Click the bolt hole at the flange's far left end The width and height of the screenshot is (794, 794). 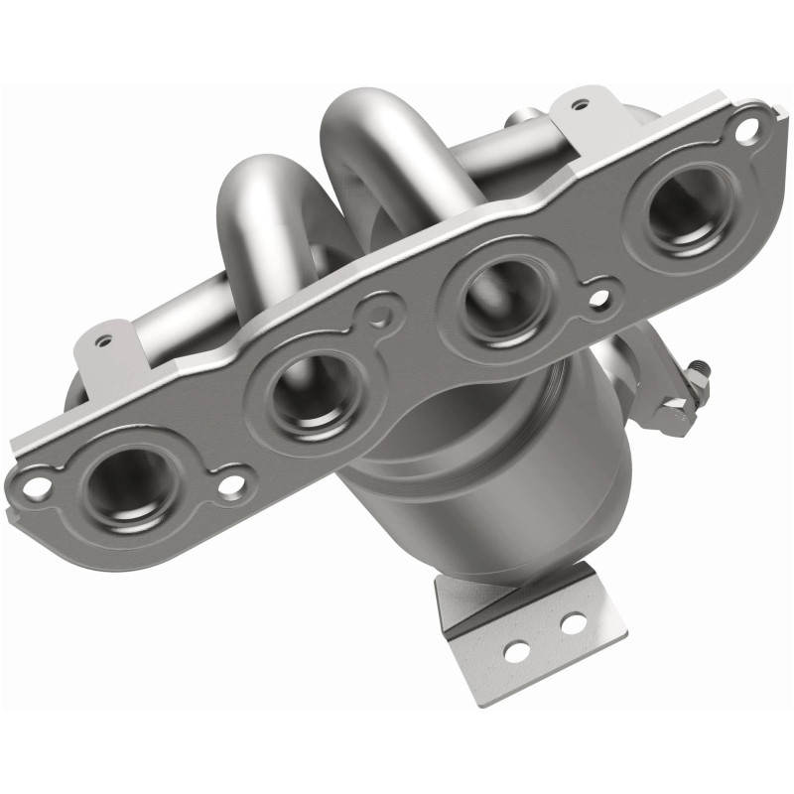point(38,487)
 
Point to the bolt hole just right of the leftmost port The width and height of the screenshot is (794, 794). point(231,484)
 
